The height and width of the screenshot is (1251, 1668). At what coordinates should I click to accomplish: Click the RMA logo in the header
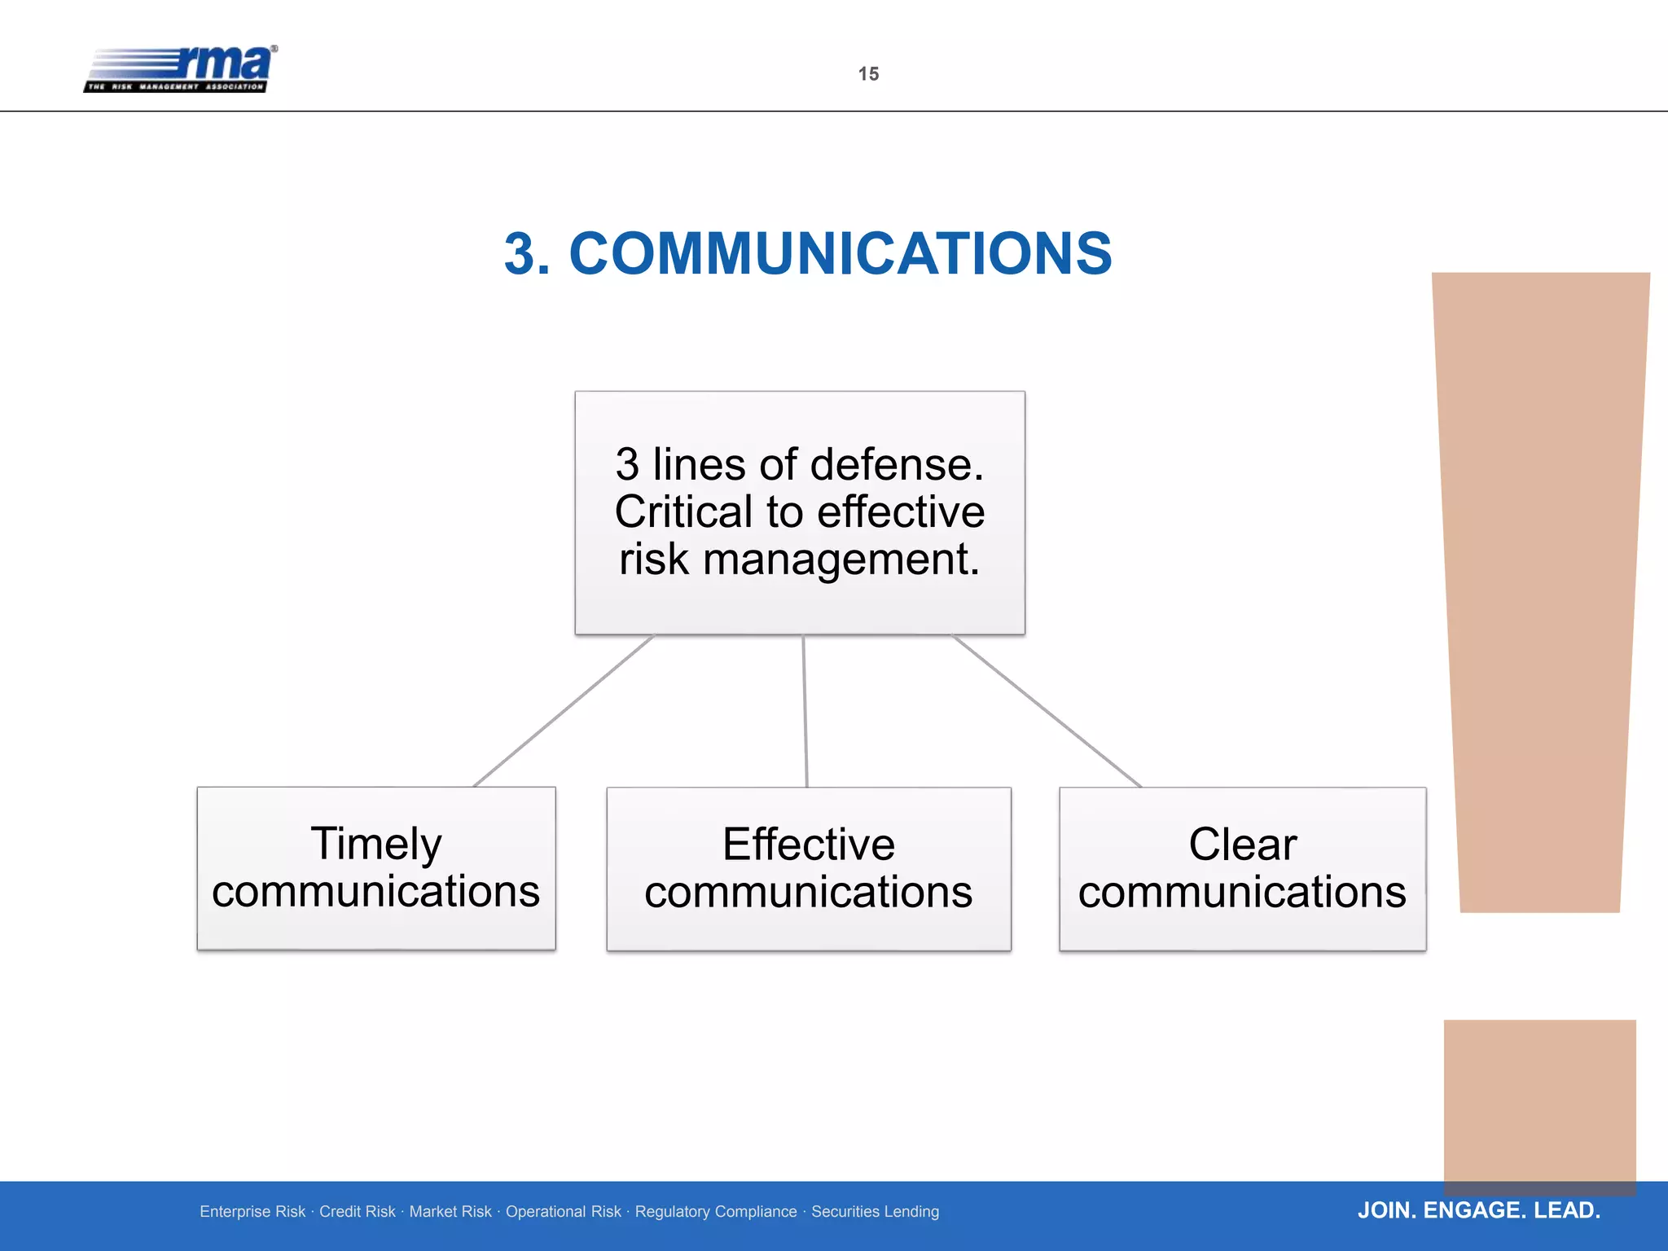click(x=181, y=68)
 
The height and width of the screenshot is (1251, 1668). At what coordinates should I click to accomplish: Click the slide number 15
click(x=868, y=74)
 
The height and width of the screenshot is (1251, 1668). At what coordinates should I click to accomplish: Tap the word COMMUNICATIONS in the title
click(x=840, y=253)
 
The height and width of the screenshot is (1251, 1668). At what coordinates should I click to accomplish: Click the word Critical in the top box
click(x=683, y=512)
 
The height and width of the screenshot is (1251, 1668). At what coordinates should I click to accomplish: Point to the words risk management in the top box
click(x=799, y=560)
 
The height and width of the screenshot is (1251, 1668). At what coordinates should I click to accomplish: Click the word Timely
click(x=376, y=844)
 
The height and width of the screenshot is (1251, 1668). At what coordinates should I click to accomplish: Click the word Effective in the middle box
click(x=808, y=845)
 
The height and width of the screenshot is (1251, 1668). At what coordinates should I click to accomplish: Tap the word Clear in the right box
click(x=1242, y=845)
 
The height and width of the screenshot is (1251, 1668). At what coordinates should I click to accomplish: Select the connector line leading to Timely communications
click(x=564, y=711)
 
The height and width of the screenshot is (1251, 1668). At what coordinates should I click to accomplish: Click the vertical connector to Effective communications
click(x=805, y=711)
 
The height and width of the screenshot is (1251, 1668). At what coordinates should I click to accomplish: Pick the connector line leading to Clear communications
click(x=1047, y=711)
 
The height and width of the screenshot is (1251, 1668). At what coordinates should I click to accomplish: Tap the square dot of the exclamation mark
click(x=1539, y=1104)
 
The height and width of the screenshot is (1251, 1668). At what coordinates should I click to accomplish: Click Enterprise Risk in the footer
click(x=252, y=1212)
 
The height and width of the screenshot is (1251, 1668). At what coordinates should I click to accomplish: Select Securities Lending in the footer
click(x=875, y=1212)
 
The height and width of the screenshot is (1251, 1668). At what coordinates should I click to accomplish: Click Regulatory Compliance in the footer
click(x=716, y=1212)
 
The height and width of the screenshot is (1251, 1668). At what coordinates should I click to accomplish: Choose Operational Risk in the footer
click(x=563, y=1212)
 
